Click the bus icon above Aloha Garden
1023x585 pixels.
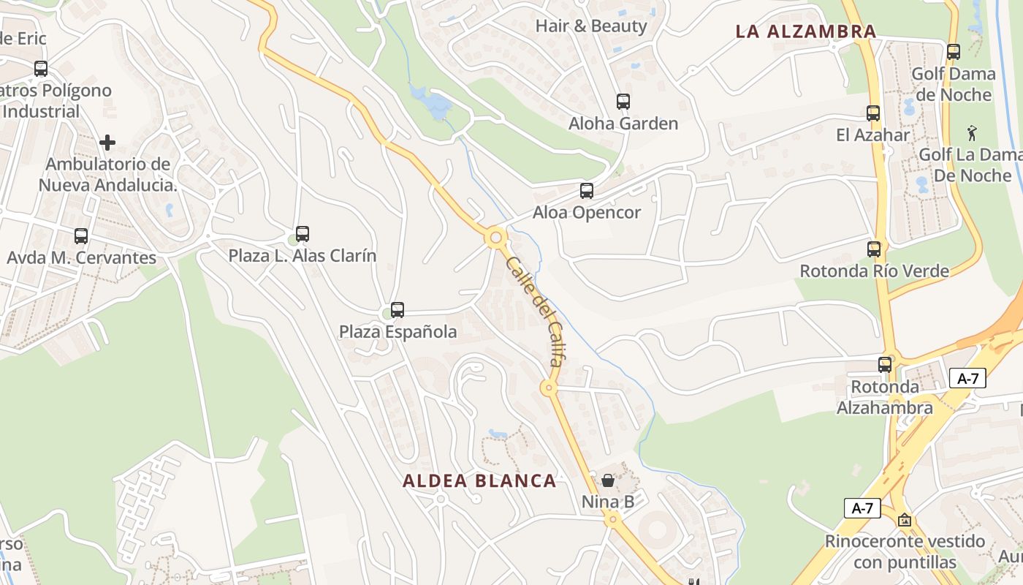623,102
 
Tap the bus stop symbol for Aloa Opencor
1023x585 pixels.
586,191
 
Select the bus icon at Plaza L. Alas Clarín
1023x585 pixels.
302,234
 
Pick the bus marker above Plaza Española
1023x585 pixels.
398,309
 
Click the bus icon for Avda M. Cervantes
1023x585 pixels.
81,236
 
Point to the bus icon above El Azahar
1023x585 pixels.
872,113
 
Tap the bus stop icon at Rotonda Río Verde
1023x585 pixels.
874,249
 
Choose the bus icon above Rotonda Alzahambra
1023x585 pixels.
885,364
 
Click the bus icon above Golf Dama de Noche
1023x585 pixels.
953,52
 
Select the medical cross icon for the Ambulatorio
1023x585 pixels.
107,142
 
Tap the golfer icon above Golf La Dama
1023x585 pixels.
971,133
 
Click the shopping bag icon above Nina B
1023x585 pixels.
607,480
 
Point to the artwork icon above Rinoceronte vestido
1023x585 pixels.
905,520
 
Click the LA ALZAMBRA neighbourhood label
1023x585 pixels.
805,31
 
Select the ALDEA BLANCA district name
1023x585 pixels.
479,480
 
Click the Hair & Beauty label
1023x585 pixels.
591,26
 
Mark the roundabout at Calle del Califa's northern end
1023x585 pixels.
496,238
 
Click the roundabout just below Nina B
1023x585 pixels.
612,519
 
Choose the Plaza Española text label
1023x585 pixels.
398,332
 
